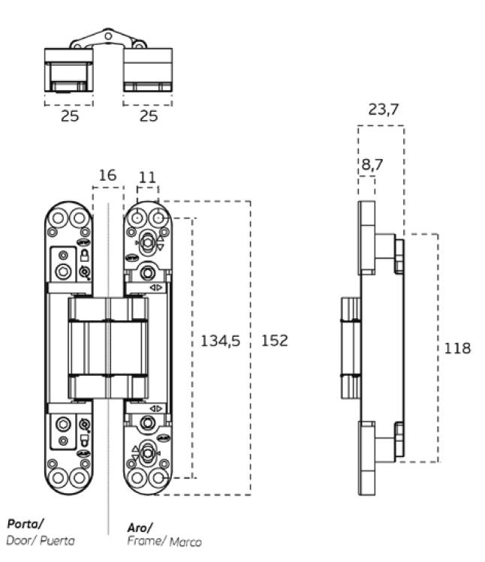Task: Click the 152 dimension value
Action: pos(274,341)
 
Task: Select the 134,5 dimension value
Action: pos(220,341)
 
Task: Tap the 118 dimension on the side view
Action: pos(457,348)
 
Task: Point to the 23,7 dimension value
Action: pos(384,110)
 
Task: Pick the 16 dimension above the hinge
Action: pos(107,176)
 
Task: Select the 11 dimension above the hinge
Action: pos(147,177)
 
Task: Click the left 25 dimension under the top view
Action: pos(69,116)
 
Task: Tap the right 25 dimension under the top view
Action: pos(148,116)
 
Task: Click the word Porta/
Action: pos(24,523)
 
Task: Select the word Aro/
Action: pos(140,527)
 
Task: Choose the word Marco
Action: pos(185,541)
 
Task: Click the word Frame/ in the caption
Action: pos(146,541)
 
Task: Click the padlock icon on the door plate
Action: pos(85,255)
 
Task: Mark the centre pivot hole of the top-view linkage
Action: pos(109,35)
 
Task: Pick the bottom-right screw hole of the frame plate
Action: pos(158,478)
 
